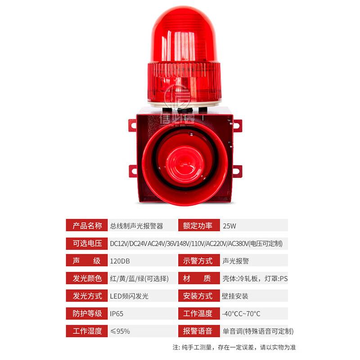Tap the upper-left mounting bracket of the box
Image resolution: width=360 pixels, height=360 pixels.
click(132, 125)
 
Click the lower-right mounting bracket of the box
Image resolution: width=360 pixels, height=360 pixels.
click(237, 171)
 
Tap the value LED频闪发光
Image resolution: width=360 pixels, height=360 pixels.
click(129, 296)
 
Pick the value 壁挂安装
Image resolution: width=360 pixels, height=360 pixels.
click(235, 296)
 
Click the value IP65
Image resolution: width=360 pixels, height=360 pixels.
click(117, 314)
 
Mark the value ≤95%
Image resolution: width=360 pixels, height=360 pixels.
click(120, 331)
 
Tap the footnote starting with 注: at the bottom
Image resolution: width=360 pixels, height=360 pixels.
click(234, 347)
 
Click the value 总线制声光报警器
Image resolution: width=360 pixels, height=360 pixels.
click(136, 225)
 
